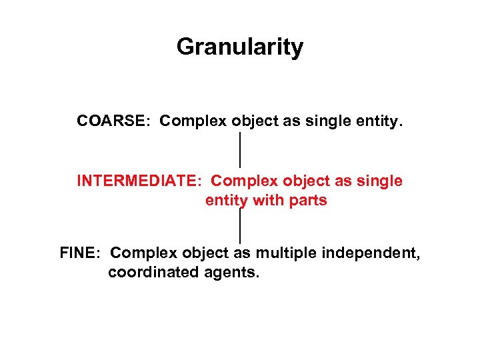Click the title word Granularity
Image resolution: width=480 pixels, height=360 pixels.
[x=240, y=47]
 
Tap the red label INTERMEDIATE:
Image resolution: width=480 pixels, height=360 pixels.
[x=141, y=181]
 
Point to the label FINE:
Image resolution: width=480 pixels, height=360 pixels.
[x=80, y=253]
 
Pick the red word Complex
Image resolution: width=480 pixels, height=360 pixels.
[x=245, y=181]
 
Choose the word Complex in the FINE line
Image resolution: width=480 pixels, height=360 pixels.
[x=144, y=253]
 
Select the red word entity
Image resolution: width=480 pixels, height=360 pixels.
[x=225, y=201]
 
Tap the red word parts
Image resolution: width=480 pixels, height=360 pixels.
[x=307, y=201]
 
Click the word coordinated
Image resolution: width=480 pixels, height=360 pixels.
[x=153, y=273]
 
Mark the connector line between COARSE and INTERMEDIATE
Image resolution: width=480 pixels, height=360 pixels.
[x=240, y=150]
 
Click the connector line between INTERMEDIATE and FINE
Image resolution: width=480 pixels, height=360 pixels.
[x=240, y=227]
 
